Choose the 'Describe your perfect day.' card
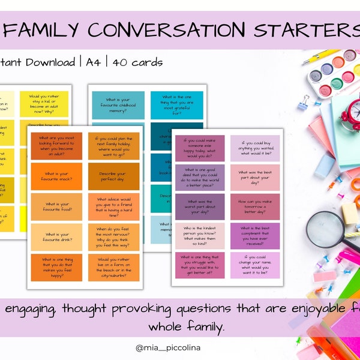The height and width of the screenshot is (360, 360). [x=113, y=175]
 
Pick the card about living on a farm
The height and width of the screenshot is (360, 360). [x=113, y=266]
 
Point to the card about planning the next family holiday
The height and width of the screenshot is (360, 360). [x=113, y=145]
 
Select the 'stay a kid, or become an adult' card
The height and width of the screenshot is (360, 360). [x=44, y=104]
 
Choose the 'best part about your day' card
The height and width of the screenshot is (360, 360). [x=255, y=178]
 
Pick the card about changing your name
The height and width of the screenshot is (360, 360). [x=255, y=265]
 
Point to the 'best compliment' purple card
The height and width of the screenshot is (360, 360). [x=255, y=236]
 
